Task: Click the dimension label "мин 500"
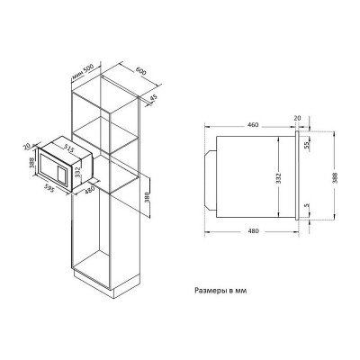(x=83, y=72)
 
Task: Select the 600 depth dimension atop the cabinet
(x=140, y=72)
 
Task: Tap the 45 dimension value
(x=153, y=98)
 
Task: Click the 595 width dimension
(x=49, y=187)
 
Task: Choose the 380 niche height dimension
(x=147, y=197)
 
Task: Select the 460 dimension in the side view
(x=253, y=125)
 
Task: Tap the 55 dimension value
(x=307, y=145)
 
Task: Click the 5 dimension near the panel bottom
(x=306, y=206)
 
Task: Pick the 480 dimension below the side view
(x=254, y=231)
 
